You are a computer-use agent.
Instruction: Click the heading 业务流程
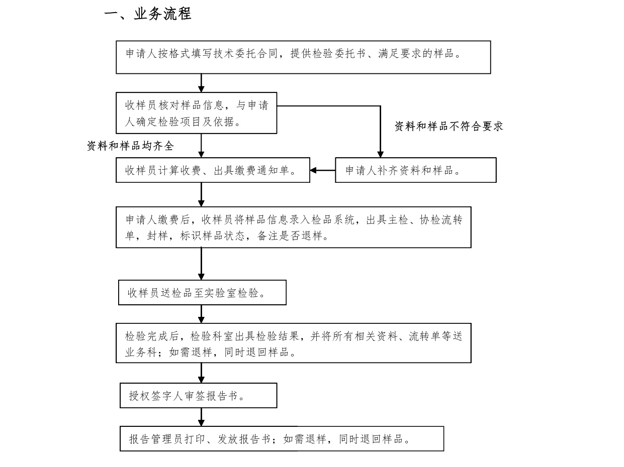click(x=162, y=14)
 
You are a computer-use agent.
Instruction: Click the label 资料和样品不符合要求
click(x=449, y=127)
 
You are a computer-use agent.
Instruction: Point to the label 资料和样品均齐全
click(x=131, y=146)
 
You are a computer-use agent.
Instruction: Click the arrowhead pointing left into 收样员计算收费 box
click(x=313, y=170)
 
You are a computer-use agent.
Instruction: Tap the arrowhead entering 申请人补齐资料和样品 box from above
click(x=380, y=155)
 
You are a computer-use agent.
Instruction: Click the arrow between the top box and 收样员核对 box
click(x=201, y=83)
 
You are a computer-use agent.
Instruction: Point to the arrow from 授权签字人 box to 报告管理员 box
click(x=201, y=417)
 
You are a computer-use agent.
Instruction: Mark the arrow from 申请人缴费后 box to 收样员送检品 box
click(x=201, y=264)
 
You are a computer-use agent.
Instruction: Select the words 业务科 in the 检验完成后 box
click(x=141, y=353)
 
